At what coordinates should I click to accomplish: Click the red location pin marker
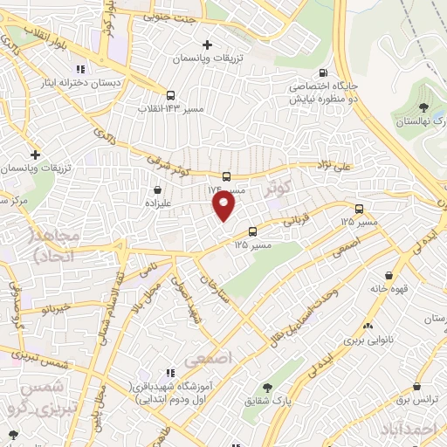(x=224, y=206)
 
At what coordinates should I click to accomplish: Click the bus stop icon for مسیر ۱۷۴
(x=226, y=176)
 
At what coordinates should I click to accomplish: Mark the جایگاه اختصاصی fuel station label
(x=324, y=93)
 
